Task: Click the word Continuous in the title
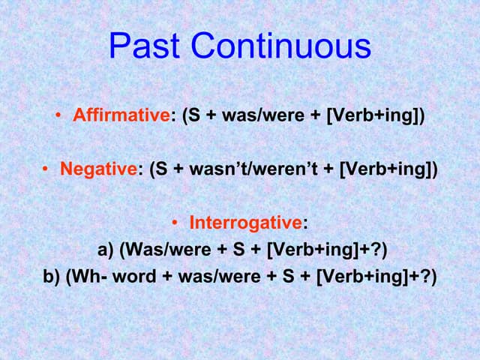point(281,46)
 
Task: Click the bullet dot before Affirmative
point(58,117)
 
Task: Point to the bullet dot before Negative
point(46,169)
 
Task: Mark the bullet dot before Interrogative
point(175,223)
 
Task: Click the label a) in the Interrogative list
point(106,250)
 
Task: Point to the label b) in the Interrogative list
point(52,276)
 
